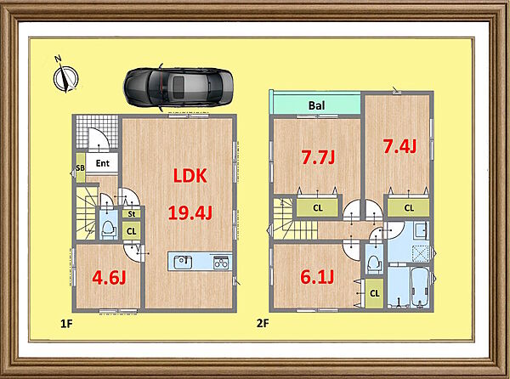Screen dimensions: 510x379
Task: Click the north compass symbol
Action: [65, 77]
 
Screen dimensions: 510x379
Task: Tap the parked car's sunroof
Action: [178, 86]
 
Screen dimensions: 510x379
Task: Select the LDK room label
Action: [190, 176]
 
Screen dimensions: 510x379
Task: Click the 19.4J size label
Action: [190, 213]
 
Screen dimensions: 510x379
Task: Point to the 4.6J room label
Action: [109, 278]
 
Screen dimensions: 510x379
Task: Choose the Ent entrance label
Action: [103, 163]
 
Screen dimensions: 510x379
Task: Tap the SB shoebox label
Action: [80, 167]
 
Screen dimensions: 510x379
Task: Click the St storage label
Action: [132, 214]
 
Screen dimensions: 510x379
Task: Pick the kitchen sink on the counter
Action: [183, 262]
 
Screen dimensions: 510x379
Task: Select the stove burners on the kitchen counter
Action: [221, 263]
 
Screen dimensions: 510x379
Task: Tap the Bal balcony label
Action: [316, 105]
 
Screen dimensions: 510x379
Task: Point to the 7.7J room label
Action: [318, 157]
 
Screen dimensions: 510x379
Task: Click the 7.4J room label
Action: [399, 146]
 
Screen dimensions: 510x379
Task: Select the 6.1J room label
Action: [317, 277]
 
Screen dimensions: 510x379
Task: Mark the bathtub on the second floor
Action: [420, 287]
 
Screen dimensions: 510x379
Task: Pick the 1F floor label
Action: [66, 324]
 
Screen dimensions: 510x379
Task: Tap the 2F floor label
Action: [263, 324]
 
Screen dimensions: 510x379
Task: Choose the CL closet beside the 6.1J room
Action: [375, 293]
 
